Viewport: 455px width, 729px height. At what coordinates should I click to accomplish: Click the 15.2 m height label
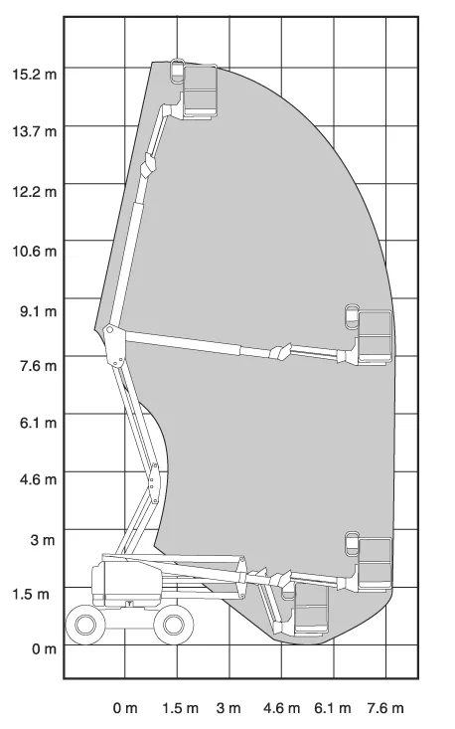point(35,74)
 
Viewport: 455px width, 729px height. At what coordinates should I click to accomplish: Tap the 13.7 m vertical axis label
point(35,131)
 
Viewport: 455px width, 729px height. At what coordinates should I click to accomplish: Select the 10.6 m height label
point(35,251)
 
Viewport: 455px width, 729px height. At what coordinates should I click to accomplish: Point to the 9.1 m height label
point(38,311)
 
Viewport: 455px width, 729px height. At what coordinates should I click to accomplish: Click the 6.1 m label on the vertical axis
point(38,423)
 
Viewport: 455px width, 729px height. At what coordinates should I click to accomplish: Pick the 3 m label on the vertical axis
point(43,540)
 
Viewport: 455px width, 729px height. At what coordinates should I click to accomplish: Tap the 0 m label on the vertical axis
point(44,648)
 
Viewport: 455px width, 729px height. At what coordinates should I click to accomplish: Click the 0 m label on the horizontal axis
point(125,708)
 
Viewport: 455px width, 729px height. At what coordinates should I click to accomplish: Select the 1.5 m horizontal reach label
point(180,708)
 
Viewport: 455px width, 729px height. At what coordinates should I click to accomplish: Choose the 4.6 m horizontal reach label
point(281,708)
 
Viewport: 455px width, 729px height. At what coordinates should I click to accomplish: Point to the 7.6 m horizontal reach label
point(385,708)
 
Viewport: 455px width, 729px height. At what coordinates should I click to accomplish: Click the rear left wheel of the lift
point(85,625)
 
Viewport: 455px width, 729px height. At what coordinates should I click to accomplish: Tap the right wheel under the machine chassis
point(174,625)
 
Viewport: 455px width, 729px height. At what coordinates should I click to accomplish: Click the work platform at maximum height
point(201,91)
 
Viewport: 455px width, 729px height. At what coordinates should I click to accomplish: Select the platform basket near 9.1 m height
point(376,336)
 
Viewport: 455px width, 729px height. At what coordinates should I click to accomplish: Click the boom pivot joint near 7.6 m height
point(113,345)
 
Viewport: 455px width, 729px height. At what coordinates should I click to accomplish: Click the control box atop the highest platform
point(178,71)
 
